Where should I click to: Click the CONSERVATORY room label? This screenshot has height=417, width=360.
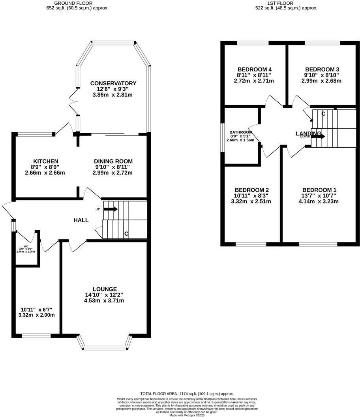click(x=113, y=83)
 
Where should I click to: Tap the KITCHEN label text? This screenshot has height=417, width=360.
click(x=45, y=161)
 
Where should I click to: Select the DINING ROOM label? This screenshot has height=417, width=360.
click(x=113, y=161)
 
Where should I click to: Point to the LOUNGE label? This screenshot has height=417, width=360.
click(x=105, y=289)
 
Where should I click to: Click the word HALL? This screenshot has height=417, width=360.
click(x=81, y=220)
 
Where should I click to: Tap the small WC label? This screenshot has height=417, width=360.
click(x=26, y=246)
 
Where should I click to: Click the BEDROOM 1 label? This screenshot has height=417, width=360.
click(x=317, y=190)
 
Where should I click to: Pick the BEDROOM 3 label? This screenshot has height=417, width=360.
click(x=322, y=69)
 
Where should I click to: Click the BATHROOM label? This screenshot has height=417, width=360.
click(x=241, y=132)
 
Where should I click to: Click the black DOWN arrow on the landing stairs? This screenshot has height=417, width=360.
click(x=319, y=136)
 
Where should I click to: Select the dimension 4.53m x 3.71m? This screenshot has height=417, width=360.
click(x=105, y=301)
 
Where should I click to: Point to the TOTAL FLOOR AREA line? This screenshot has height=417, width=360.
click(x=187, y=394)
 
